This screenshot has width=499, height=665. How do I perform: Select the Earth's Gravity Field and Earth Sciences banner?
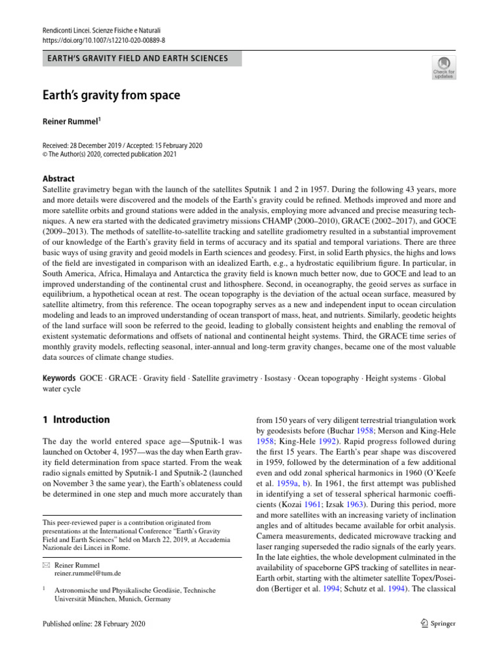click(137, 58)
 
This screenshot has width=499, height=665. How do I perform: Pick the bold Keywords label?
click(58, 377)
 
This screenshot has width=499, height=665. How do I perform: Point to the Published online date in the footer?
click(94, 624)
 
